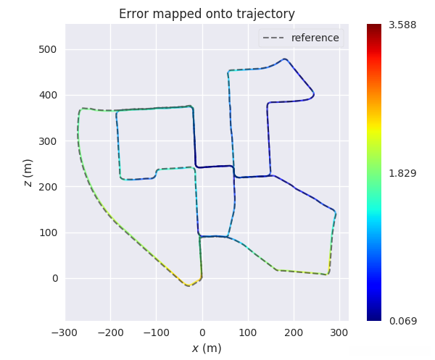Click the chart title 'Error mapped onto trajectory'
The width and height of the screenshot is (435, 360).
207,14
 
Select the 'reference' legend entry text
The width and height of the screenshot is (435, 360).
315,38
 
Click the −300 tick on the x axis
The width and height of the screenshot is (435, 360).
65,332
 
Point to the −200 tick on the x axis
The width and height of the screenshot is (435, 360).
111,332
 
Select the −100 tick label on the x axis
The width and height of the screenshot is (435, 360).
157,332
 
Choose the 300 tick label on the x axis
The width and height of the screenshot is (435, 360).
339,332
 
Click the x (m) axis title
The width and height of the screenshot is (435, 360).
207,348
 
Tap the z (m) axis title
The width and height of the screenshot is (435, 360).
28,172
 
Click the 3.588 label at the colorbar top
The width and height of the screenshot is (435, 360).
402,25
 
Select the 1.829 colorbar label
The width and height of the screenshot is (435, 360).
402,173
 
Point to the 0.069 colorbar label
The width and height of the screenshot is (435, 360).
402,320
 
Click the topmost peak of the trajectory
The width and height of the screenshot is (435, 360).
285,59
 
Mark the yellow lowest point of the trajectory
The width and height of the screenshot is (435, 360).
188,285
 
